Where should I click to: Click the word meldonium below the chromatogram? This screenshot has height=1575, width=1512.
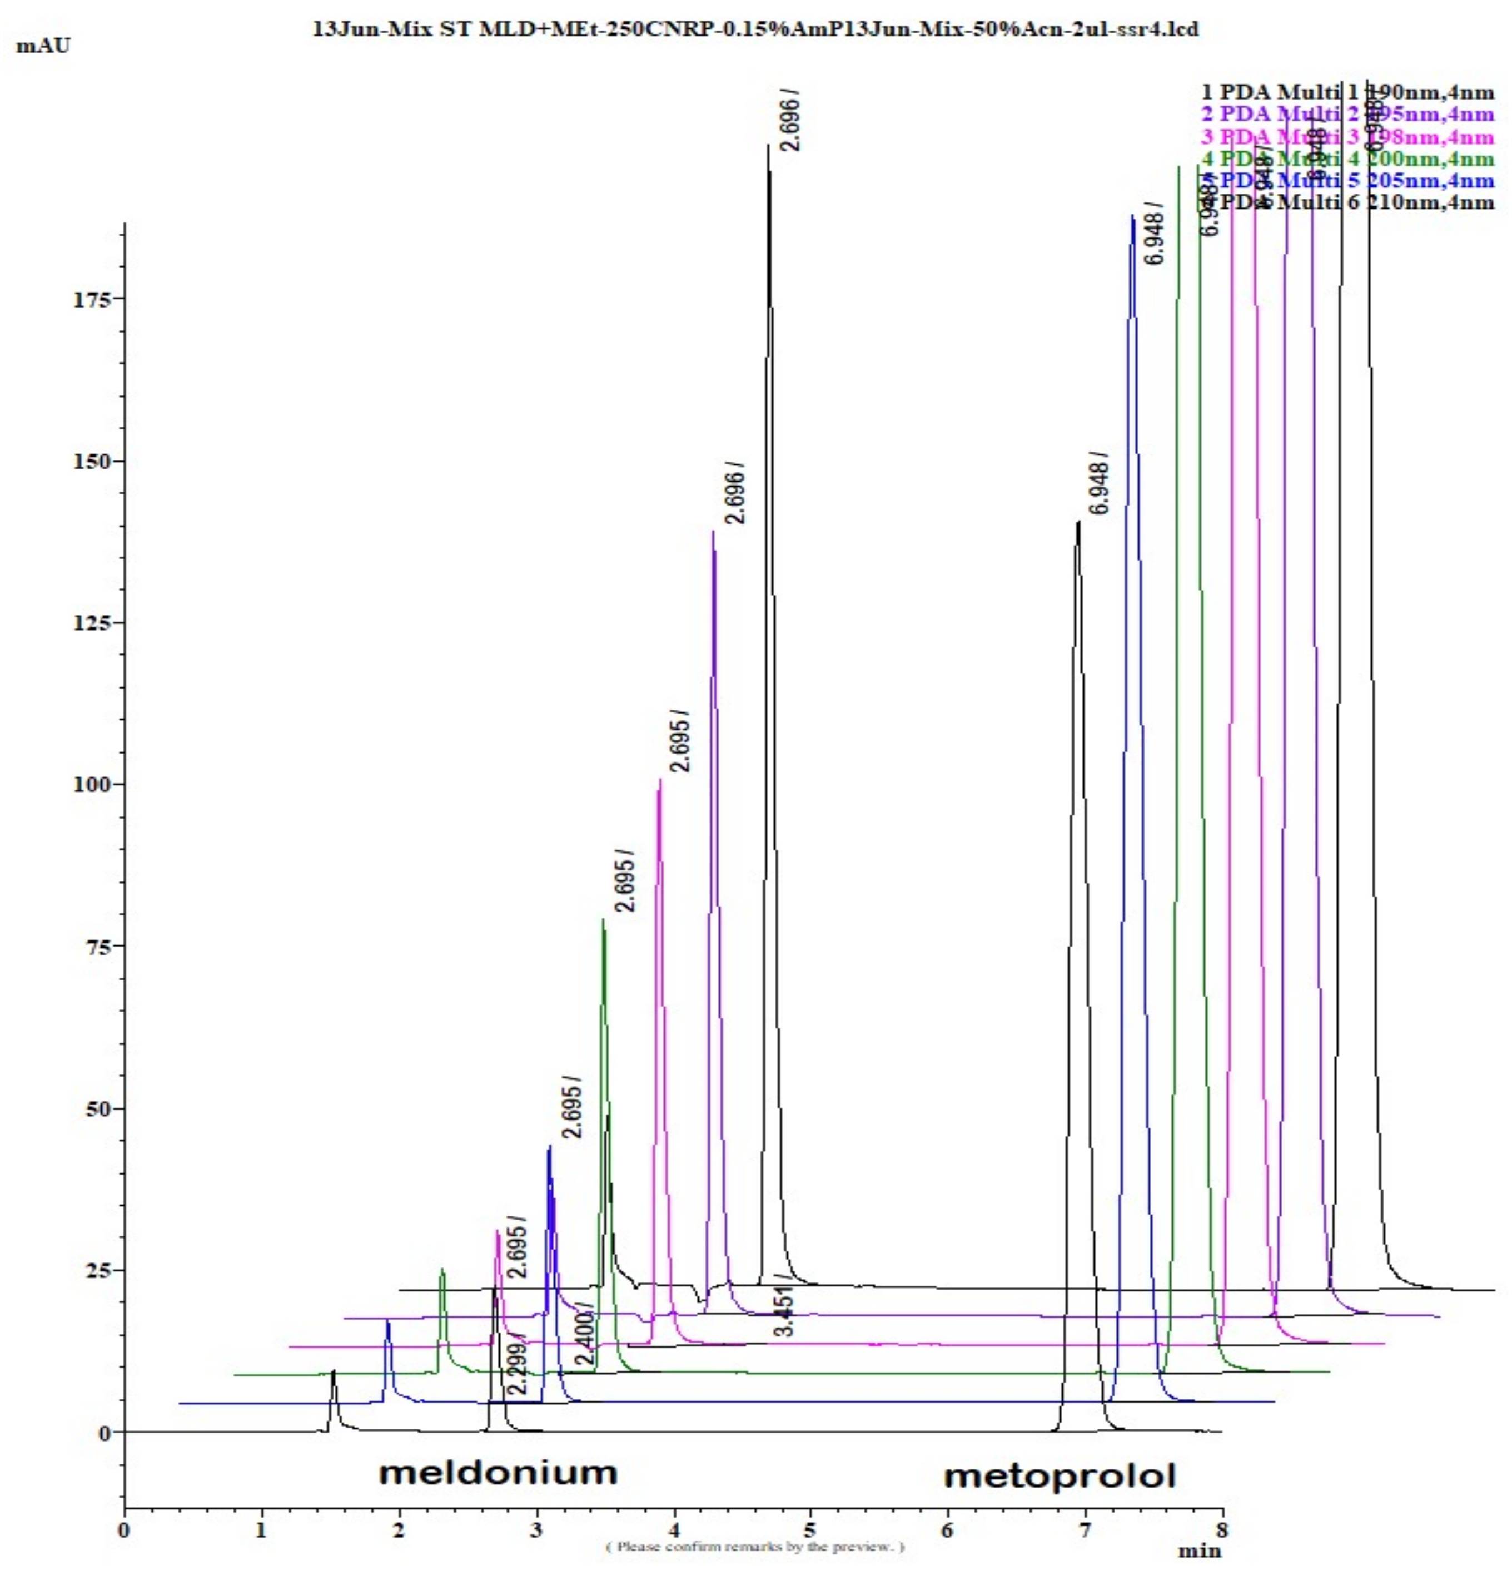498,1473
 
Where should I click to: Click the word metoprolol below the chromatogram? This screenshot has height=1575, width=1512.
1059,1476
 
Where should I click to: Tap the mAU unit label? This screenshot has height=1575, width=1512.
43,46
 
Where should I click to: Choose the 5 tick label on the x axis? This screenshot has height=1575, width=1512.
810,1529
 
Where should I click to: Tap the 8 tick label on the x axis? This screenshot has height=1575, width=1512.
1222,1529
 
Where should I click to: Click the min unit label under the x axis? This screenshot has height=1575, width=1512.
1198,1551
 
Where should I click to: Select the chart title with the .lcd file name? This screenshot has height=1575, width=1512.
755,29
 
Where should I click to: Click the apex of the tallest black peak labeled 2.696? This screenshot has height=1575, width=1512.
768,146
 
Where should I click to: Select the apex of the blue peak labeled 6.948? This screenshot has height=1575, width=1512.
1132,216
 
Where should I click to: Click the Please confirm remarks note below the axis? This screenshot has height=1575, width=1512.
755,1546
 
